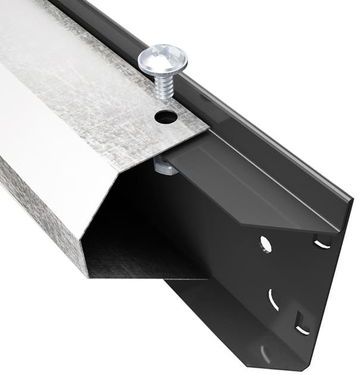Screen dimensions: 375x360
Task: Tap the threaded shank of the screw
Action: click(164, 86)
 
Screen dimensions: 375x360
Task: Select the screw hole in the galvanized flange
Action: click(166, 117)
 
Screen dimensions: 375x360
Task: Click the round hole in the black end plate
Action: click(265, 243)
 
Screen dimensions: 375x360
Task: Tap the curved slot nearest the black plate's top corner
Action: click(322, 243)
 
